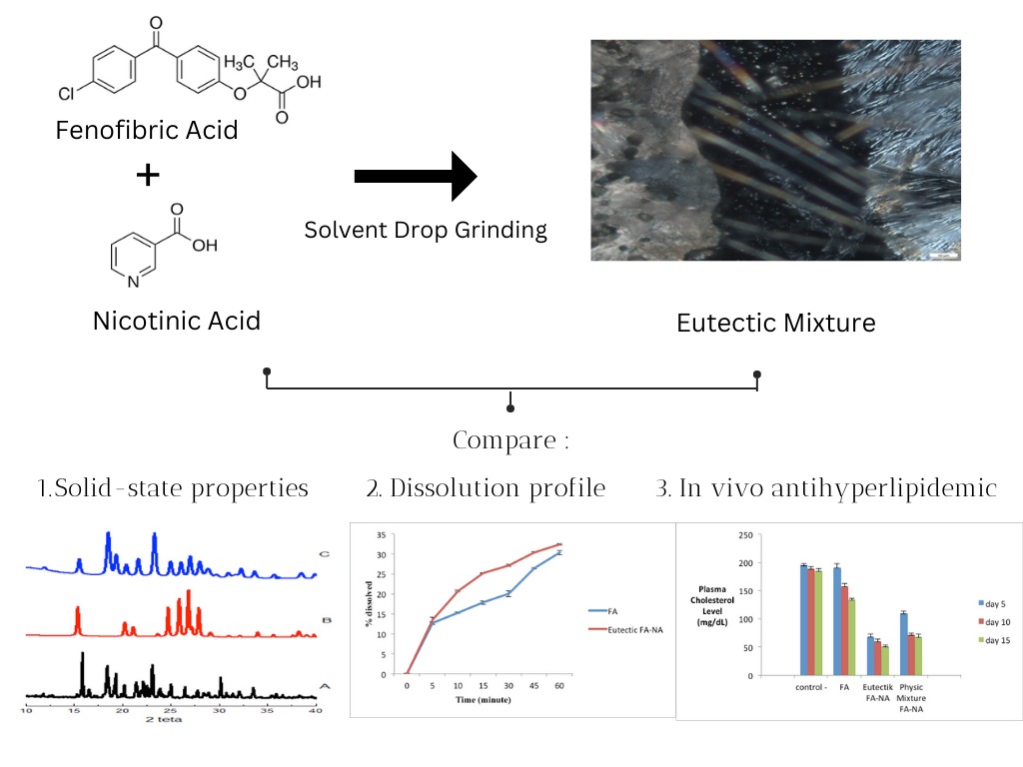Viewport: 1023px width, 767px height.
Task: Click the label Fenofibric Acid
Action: point(147,130)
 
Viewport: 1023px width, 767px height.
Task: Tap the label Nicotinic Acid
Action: point(177,321)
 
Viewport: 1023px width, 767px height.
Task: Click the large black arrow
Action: point(416,177)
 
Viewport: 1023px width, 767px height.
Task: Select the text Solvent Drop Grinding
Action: point(426,230)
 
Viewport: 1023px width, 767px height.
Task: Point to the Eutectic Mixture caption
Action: point(775,323)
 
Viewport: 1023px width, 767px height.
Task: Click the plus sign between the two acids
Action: point(148,176)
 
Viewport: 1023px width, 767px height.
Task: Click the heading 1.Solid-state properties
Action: point(173,488)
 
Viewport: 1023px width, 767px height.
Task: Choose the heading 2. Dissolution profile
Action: point(486,488)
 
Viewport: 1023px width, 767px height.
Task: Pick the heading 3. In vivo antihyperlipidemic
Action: point(826,488)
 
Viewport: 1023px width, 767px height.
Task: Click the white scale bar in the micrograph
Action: point(944,256)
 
